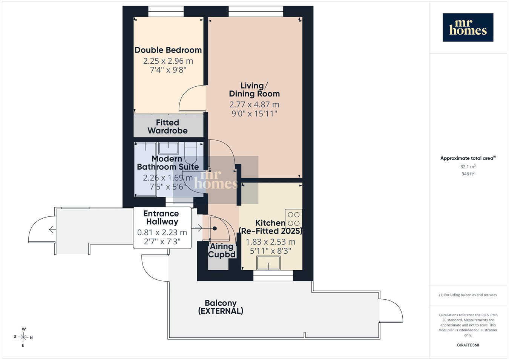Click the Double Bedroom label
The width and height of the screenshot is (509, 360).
168,50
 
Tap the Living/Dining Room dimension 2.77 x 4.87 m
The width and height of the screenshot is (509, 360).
254,104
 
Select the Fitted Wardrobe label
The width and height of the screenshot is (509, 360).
167,127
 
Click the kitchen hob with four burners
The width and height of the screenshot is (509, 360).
294,219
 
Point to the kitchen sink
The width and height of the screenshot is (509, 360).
268,263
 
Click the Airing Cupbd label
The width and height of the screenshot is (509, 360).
222,250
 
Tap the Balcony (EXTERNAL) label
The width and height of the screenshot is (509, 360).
221,307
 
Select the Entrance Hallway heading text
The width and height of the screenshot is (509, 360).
162,218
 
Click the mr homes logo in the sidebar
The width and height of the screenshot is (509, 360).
468,28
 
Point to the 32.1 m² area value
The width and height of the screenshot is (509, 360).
468,167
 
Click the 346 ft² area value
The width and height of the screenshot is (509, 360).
468,174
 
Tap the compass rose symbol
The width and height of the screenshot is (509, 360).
23,337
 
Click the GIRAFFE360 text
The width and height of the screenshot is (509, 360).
468,345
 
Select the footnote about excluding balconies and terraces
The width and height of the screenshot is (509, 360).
468,295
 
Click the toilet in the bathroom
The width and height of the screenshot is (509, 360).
191,152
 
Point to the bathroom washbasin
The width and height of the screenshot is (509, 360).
169,148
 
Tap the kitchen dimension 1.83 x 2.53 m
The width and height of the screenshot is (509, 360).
270,242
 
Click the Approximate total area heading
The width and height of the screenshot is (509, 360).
468,158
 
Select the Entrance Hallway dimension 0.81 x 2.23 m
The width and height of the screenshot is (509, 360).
162,232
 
